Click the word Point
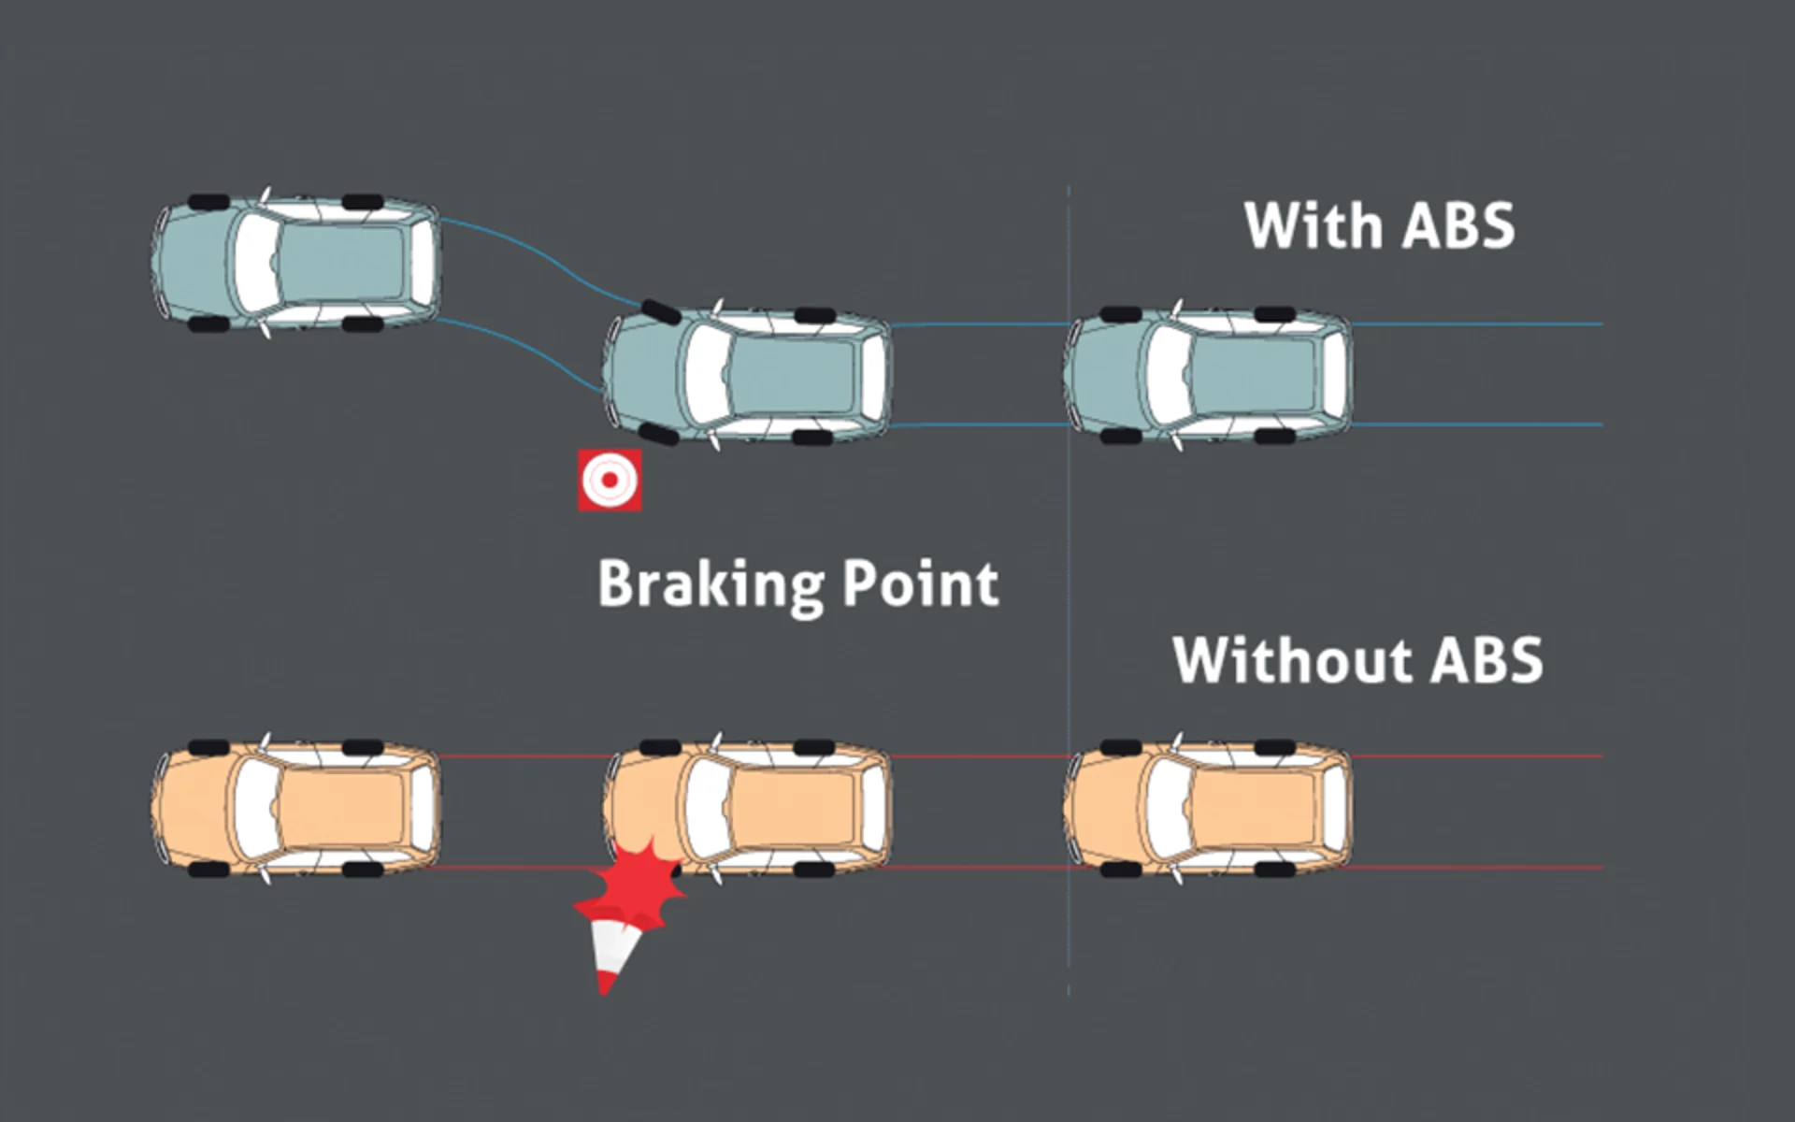coord(920,584)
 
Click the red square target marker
coord(610,480)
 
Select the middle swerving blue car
coord(748,374)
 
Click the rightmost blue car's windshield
coord(1168,374)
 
